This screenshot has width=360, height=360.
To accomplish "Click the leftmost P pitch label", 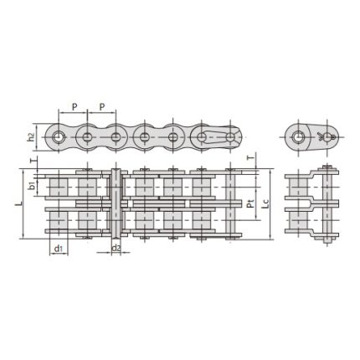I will [x=74, y=107].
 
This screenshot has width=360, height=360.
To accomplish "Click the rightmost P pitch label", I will [x=102, y=107].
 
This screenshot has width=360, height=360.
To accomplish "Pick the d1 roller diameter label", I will [x=59, y=249].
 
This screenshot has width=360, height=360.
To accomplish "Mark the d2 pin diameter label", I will [x=116, y=249].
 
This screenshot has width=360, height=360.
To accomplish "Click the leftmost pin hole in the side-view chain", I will [x=59, y=136].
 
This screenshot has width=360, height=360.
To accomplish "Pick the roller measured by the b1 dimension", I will [x=59, y=185].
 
